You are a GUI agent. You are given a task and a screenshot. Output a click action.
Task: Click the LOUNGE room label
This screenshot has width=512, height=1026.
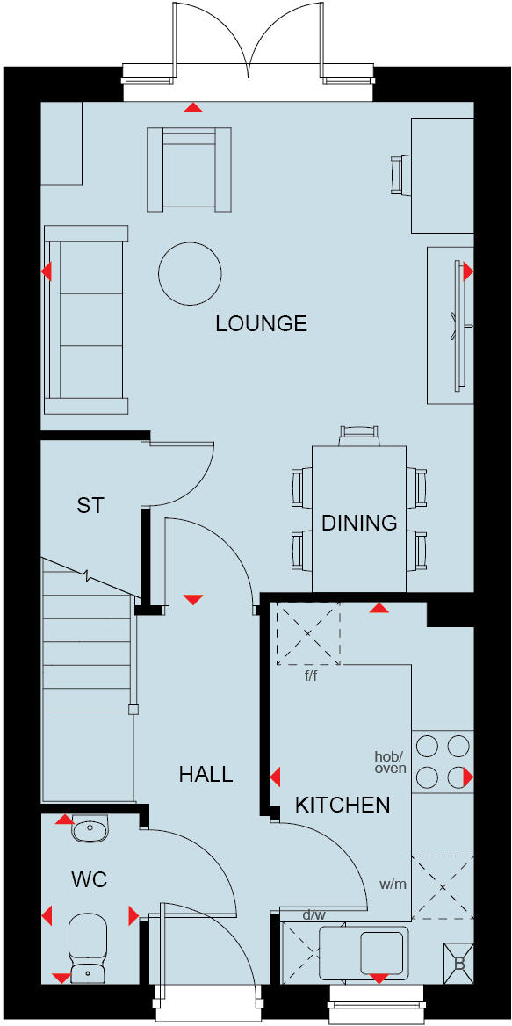(x=261, y=324)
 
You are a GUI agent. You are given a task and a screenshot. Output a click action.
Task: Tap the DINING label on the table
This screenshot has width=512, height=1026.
(x=359, y=524)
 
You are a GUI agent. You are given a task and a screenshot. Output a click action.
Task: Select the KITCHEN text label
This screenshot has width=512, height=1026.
(x=343, y=805)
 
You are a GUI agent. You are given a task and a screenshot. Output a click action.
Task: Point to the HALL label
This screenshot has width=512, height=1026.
(x=206, y=774)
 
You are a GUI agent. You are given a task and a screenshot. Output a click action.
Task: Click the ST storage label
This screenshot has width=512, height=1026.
(x=90, y=506)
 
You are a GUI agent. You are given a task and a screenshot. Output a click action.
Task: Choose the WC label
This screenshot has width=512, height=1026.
(x=90, y=879)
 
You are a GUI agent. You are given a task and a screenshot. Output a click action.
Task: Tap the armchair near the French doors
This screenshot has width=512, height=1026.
(x=189, y=169)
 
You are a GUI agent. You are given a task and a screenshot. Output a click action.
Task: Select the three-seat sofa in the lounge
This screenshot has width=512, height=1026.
(x=86, y=320)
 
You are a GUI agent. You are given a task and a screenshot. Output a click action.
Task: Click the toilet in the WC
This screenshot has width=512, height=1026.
(x=87, y=945)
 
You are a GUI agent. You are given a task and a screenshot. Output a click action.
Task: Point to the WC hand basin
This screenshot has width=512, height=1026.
(x=90, y=828)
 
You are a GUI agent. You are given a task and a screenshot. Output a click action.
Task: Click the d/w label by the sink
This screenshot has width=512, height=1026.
(x=313, y=916)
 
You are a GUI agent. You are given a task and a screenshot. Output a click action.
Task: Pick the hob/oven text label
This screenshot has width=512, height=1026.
(x=390, y=762)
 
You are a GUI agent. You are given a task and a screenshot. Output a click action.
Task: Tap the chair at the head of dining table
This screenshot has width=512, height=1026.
(x=359, y=434)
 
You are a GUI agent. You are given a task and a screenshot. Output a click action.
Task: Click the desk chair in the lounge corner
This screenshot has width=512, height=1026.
(x=400, y=174)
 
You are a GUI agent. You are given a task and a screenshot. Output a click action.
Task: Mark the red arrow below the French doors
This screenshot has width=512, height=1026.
(x=192, y=108)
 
